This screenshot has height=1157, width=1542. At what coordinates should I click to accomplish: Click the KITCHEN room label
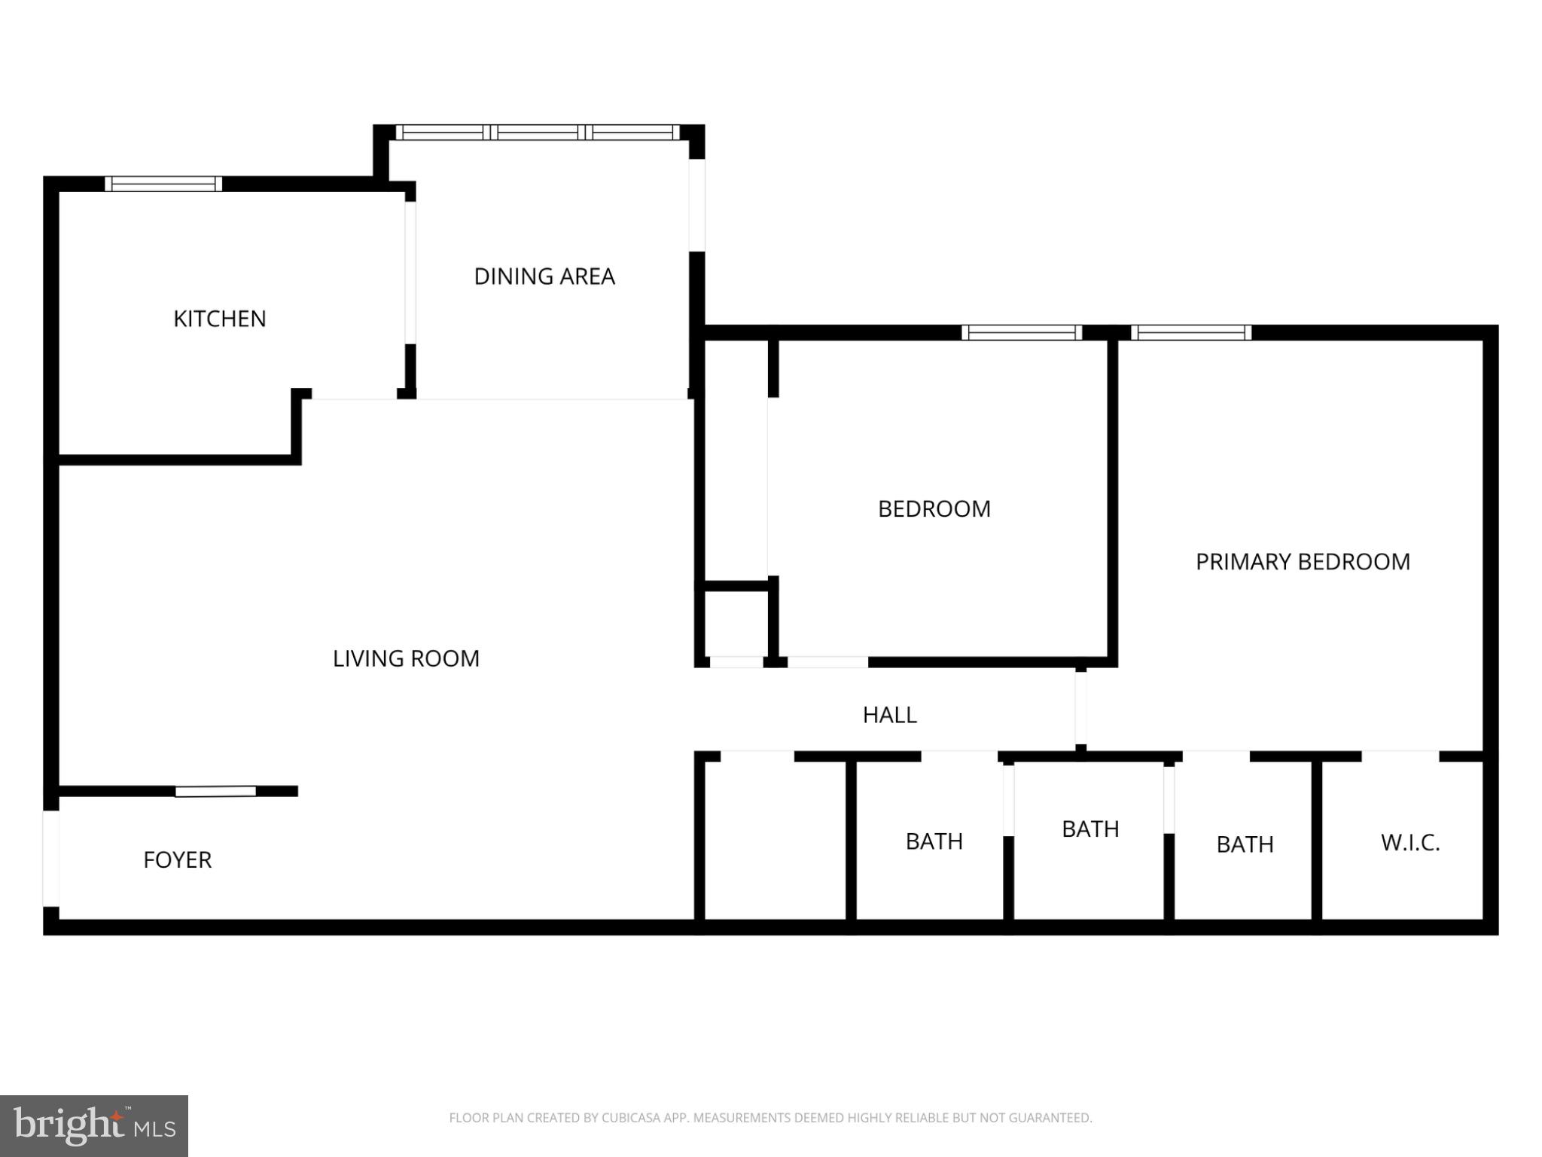(219, 319)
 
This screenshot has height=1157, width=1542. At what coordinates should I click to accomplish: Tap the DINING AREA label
(544, 276)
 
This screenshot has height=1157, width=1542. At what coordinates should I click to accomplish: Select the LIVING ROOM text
(406, 658)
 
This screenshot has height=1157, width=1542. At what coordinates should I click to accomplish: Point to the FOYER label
(178, 859)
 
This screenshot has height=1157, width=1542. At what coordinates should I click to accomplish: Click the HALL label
(889, 715)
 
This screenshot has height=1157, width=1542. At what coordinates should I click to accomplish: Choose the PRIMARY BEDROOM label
(1303, 562)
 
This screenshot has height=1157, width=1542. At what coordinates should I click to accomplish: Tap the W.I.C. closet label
(1410, 842)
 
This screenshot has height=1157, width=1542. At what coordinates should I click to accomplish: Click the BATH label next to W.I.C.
(1245, 844)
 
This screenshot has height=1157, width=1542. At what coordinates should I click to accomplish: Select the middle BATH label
(1089, 829)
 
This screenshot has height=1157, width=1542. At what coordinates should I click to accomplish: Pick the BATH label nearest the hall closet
(934, 841)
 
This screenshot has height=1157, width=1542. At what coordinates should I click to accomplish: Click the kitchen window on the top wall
(163, 184)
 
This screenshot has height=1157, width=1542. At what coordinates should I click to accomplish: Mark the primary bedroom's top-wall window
(1190, 333)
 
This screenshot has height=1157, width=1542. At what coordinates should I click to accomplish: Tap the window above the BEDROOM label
(1021, 333)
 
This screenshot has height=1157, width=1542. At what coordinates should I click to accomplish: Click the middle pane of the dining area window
(538, 133)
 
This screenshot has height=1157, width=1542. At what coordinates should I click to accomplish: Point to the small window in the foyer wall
(215, 791)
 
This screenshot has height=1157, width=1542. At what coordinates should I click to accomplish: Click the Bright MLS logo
(93, 1126)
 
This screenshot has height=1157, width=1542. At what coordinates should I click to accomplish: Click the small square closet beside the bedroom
(736, 624)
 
